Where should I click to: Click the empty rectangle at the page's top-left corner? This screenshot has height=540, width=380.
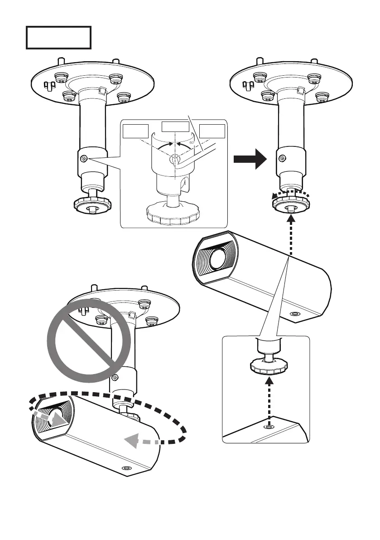[x=58, y=37]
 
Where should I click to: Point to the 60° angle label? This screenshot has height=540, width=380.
[x=192, y=142]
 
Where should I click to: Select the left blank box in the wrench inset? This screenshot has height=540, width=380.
[x=135, y=131]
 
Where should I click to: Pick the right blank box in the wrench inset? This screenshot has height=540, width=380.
[x=212, y=131]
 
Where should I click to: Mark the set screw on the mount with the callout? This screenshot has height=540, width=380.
[x=83, y=159]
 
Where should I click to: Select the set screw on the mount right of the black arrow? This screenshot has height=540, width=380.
[x=282, y=158]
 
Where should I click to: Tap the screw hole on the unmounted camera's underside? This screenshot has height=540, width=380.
[x=295, y=314]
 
